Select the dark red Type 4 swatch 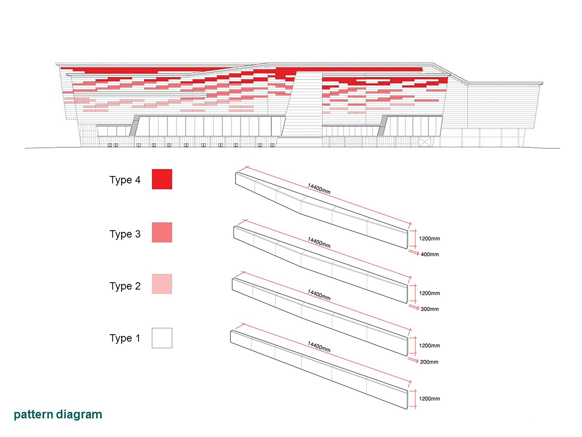[162, 179]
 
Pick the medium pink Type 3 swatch [162, 232]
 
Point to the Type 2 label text [125, 286]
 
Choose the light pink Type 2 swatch [162, 284]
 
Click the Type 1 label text [125, 338]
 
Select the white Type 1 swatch [162, 338]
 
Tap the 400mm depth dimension [430, 254]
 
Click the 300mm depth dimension [430, 309]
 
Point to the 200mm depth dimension [429, 362]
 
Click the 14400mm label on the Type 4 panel [319, 189]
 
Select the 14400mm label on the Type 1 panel [319, 347]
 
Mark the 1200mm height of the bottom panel [429, 399]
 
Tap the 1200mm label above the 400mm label [429, 239]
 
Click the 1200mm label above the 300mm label [429, 293]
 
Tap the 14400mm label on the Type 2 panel [319, 295]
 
